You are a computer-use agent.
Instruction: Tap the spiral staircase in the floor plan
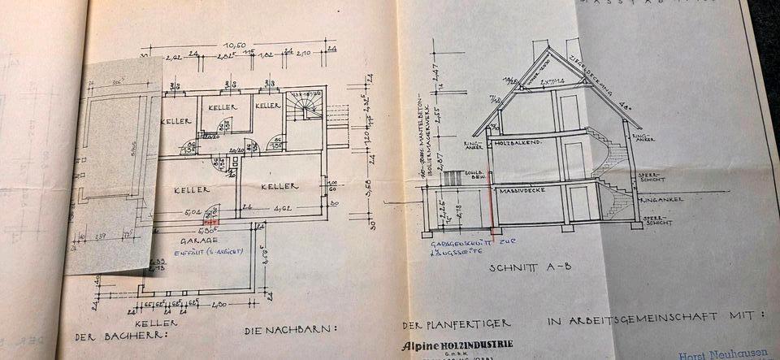point(305,106)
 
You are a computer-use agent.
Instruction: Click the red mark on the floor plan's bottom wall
point(210,220)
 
